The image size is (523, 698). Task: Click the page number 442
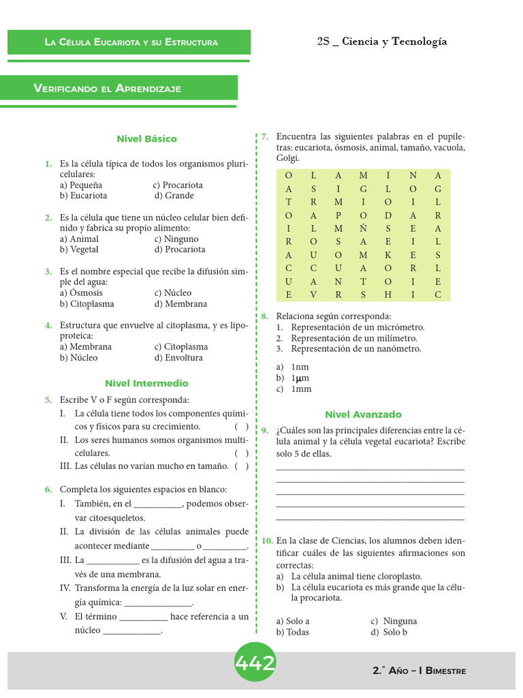click(x=255, y=663)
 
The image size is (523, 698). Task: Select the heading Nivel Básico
click(x=146, y=139)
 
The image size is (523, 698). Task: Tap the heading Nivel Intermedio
click(x=146, y=384)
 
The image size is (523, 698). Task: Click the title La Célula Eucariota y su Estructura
click(x=131, y=42)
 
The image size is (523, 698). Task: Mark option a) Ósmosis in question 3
click(x=81, y=293)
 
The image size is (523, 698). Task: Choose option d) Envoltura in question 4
click(x=178, y=358)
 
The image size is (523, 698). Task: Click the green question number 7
click(x=264, y=137)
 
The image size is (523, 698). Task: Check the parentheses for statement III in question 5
click(x=241, y=467)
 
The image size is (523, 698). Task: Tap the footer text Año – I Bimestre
click(x=427, y=671)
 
